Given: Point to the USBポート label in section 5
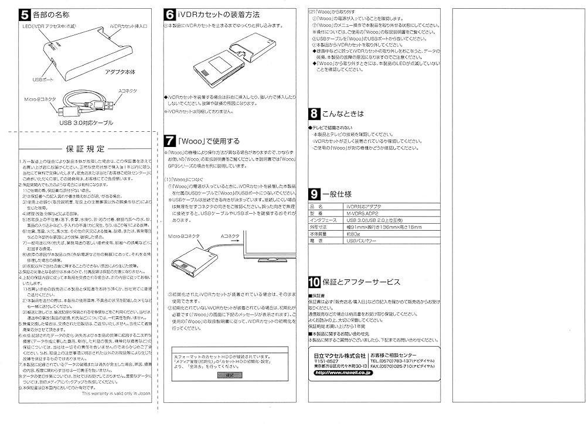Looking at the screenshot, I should tap(43, 79).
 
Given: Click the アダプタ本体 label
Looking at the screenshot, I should tap(120, 71).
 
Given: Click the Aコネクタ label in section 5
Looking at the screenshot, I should tap(128, 91).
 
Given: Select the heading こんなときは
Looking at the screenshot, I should tap(343, 114).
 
